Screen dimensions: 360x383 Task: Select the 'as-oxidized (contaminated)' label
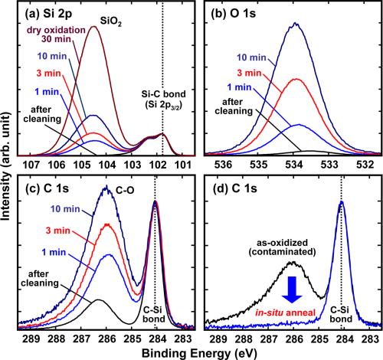point(274,250)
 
